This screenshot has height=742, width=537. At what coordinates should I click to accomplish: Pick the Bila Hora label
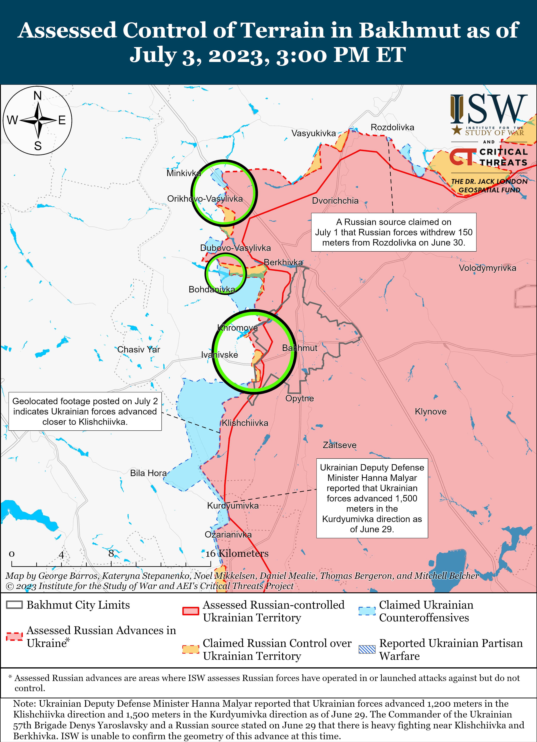(x=148, y=473)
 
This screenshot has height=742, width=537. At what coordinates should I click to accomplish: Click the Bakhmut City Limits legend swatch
(x=14, y=605)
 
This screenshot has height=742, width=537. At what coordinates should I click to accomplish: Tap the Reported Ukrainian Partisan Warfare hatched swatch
(x=367, y=649)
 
